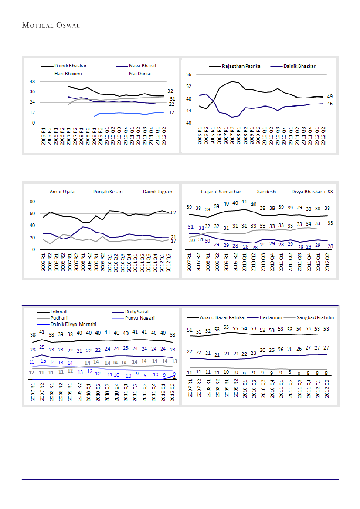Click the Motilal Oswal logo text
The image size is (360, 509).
[x=51, y=25]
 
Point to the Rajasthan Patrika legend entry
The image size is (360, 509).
[x=241, y=66]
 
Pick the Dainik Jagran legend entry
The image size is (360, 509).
[x=157, y=192]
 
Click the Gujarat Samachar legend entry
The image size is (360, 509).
[x=221, y=192]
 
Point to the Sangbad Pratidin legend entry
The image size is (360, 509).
[x=316, y=317]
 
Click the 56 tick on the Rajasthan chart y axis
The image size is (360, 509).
[x=189, y=75]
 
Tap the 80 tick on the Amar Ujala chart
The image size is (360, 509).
[x=32, y=202]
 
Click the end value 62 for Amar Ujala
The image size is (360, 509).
[x=173, y=212]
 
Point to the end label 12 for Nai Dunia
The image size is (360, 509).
[x=172, y=112]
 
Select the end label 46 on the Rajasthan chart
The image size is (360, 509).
[x=330, y=104]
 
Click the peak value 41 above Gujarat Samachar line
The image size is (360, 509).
[x=244, y=202]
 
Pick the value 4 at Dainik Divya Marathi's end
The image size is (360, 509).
[x=174, y=378]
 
